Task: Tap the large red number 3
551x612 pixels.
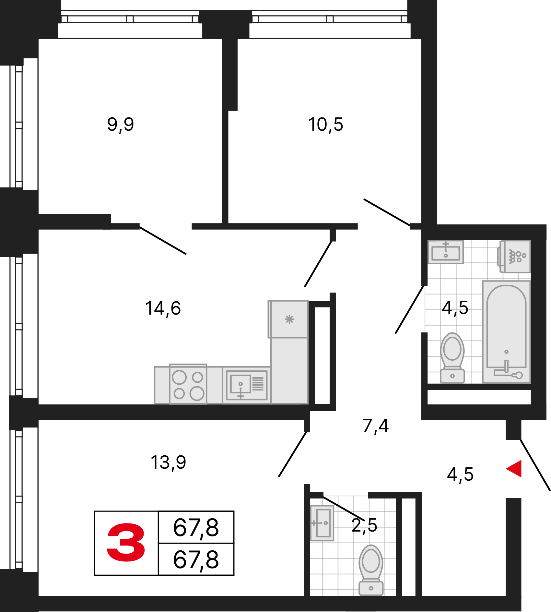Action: click(126, 542)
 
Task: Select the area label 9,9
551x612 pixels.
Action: click(121, 125)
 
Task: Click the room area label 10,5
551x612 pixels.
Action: click(326, 125)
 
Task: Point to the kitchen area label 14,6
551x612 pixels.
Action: click(163, 308)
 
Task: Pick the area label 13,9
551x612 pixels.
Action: click(169, 462)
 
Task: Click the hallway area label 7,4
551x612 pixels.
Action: click(376, 426)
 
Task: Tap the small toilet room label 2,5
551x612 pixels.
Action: click(364, 525)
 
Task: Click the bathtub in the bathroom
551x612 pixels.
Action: click(506, 332)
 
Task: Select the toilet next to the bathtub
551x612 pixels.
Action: click(452, 357)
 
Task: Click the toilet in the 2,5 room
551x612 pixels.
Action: click(371, 570)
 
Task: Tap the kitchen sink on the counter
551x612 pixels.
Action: click(247, 385)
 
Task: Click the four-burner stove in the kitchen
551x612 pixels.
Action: click(188, 384)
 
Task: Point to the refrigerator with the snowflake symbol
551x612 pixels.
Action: click(288, 319)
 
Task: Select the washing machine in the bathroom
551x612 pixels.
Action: click(514, 257)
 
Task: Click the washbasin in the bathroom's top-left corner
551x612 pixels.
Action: click(446, 252)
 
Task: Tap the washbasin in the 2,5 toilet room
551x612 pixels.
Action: click(322, 523)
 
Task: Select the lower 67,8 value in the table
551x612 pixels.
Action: click(196, 560)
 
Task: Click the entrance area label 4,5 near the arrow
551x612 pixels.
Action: click(460, 474)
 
